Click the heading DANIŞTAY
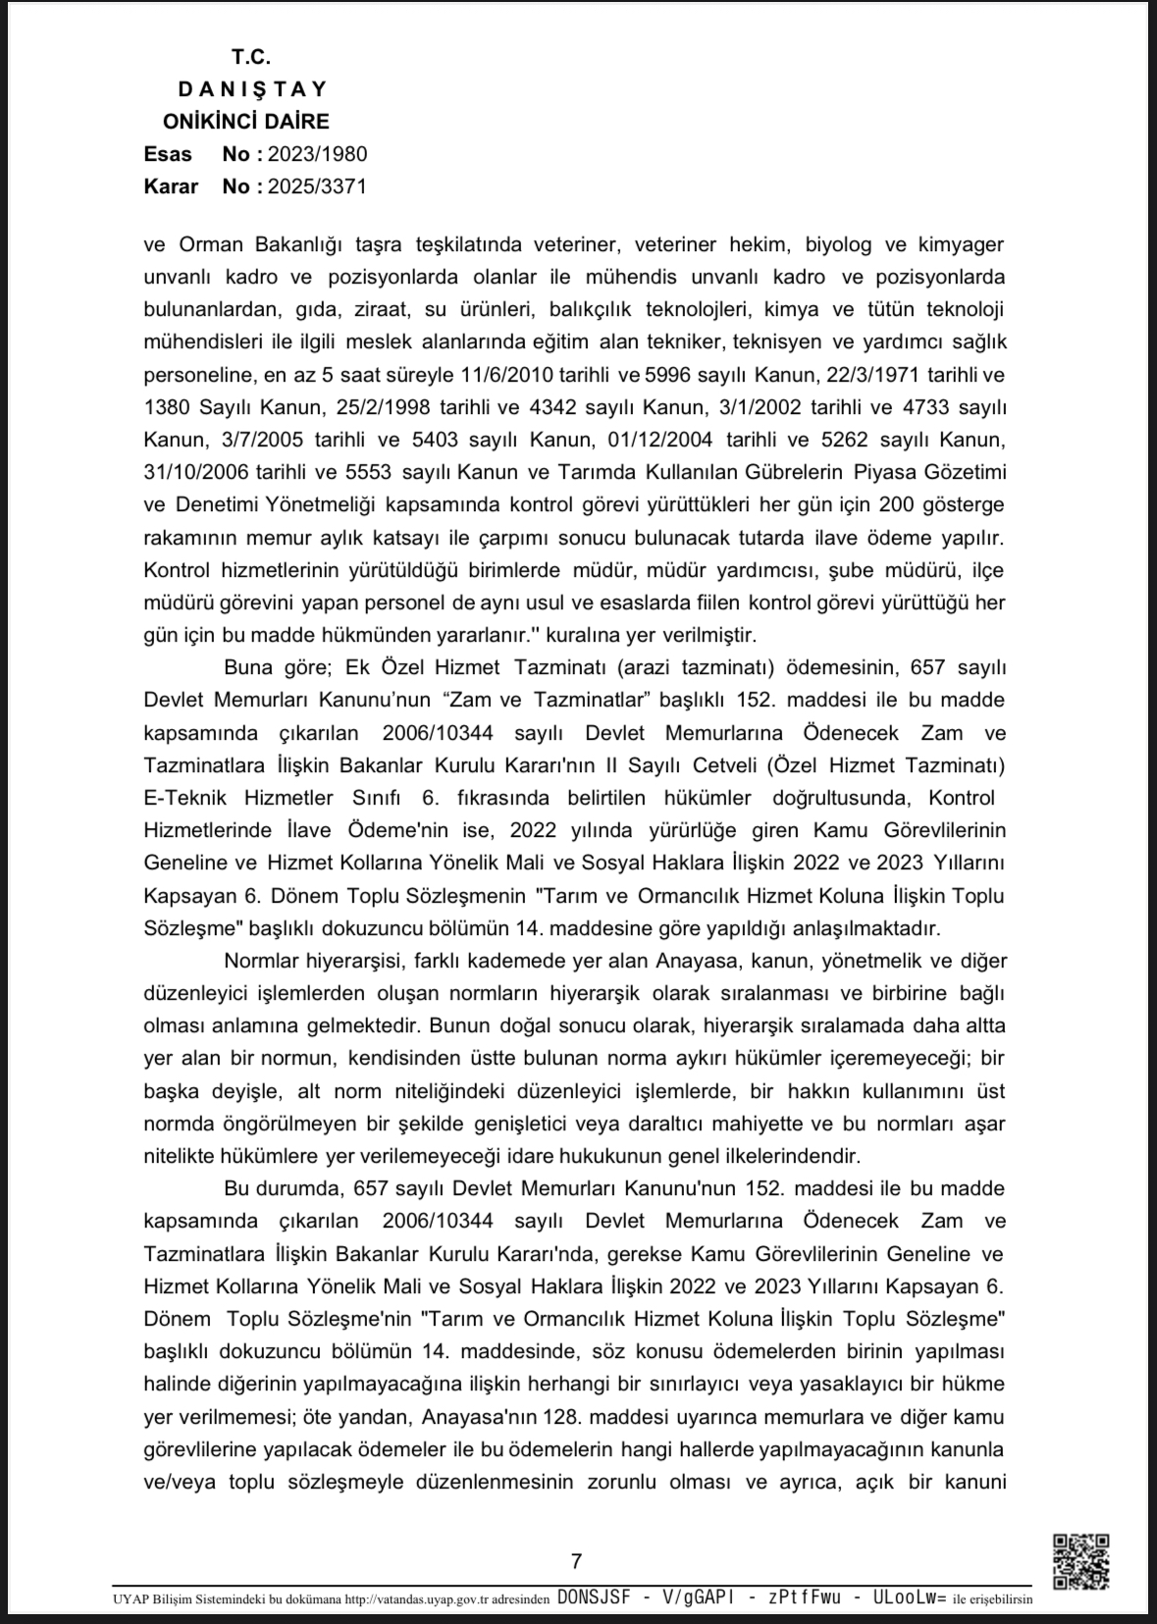[252, 89]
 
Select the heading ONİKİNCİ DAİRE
[245, 122]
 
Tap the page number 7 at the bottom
[576, 1561]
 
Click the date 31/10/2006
[195, 472]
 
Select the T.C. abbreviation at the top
[251, 57]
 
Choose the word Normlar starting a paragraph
[259, 961]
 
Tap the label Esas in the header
[168, 154]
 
